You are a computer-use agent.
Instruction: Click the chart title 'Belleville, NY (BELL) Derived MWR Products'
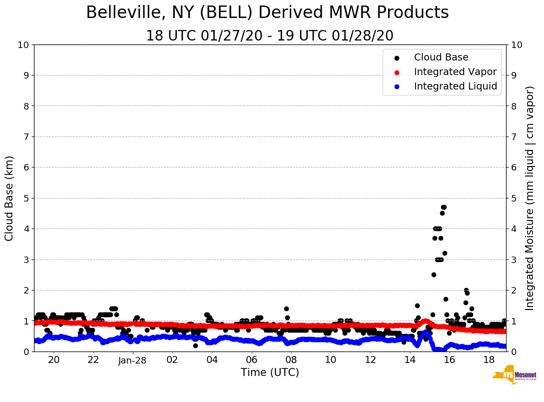[x=267, y=13]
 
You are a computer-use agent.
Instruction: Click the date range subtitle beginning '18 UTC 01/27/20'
[x=269, y=36]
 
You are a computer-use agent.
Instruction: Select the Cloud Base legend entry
[x=441, y=57]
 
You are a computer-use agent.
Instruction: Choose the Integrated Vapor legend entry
[x=455, y=72]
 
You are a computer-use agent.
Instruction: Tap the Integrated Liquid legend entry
[x=455, y=86]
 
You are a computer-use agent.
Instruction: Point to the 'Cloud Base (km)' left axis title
[x=9, y=198]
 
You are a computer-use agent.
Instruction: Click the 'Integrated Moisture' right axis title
[x=530, y=198]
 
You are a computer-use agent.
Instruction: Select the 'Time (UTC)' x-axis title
[x=270, y=372]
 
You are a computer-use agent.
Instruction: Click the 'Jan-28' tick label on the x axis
[x=132, y=360]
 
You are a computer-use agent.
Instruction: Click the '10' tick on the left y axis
[x=23, y=45]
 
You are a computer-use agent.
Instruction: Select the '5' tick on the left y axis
[x=26, y=198]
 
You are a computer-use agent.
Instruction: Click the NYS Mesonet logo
[x=515, y=376]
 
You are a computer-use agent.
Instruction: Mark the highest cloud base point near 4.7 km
[x=443, y=207]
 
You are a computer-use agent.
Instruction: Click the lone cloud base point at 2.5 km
[x=434, y=274]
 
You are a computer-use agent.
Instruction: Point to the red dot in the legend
[x=397, y=72]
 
